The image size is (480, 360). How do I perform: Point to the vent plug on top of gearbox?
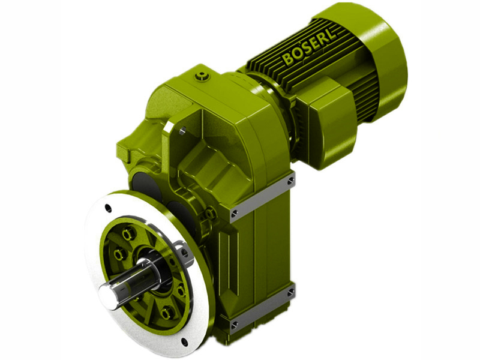pos(203,76)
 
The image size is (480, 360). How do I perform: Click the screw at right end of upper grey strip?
pos(290,180)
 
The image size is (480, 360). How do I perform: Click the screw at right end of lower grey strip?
pos(290,293)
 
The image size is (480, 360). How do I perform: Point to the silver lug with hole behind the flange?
pos(183,252)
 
